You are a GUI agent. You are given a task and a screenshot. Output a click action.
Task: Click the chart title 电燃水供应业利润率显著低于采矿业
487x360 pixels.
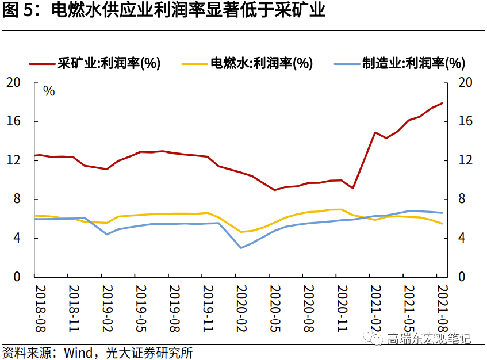[x=189, y=11]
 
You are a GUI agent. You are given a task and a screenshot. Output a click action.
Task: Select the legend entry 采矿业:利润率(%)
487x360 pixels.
[x=109, y=63]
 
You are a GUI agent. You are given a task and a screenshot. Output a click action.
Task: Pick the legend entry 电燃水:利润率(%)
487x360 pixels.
[x=260, y=63]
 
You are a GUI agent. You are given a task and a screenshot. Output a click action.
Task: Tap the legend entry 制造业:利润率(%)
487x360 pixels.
[x=413, y=63]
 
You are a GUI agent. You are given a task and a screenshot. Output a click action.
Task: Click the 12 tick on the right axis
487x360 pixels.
[x=465, y=160]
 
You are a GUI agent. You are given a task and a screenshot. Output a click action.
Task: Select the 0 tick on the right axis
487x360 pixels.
[x=461, y=277]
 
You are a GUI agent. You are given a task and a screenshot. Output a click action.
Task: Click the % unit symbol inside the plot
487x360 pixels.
[x=49, y=91]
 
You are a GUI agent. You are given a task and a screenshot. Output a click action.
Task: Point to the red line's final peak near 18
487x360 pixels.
[x=442, y=103]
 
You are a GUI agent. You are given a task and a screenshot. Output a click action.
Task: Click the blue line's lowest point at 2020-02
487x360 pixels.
[x=241, y=248]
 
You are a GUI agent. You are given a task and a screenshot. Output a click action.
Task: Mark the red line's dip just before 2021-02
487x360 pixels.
[x=353, y=188]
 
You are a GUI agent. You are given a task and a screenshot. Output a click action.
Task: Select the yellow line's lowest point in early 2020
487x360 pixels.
[x=241, y=232]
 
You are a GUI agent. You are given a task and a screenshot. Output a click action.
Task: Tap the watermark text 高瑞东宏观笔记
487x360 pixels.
[x=429, y=338]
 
